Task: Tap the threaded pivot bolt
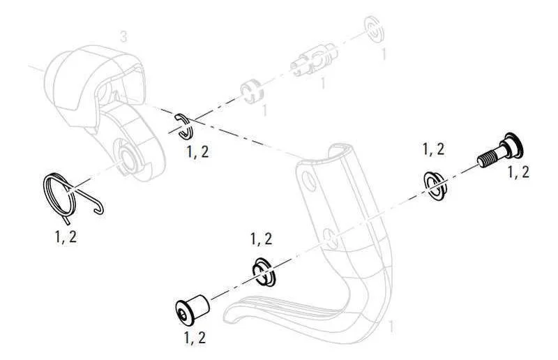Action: (x=501, y=151)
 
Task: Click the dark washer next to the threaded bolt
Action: (x=435, y=185)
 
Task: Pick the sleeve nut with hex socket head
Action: (x=192, y=310)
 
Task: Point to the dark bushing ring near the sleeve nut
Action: (x=264, y=272)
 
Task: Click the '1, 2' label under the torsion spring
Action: (x=66, y=237)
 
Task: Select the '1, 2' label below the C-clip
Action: (x=198, y=152)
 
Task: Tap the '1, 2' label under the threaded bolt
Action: (x=518, y=172)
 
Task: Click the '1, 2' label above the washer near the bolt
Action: (x=433, y=149)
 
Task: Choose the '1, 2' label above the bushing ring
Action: (x=261, y=239)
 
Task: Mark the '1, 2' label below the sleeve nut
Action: (x=195, y=338)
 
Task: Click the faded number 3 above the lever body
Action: (x=123, y=37)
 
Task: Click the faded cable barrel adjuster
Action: (x=314, y=61)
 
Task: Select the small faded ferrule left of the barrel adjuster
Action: (x=252, y=91)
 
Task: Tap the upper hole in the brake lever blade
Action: (x=309, y=179)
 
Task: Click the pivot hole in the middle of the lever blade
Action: (x=331, y=238)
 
